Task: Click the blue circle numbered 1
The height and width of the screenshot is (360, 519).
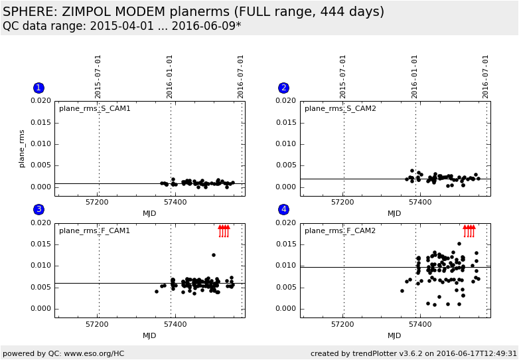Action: (x=38, y=88)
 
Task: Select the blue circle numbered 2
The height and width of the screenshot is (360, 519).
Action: (x=283, y=88)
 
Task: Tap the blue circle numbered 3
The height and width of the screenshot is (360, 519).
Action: (x=38, y=209)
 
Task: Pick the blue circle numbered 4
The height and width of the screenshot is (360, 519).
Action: (x=283, y=209)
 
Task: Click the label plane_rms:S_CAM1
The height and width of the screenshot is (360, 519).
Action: (x=95, y=108)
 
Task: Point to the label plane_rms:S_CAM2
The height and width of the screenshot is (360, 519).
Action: (x=340, y=108)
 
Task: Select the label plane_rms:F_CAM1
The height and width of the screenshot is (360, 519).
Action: (x=95, y=230)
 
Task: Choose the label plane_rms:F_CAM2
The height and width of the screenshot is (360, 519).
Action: (x=340, y=230)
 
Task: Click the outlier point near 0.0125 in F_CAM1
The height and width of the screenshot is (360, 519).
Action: (x=214, y=255)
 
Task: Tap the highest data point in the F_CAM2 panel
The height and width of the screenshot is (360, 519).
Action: (x=459, y=244)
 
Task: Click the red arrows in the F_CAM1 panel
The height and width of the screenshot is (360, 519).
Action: (x=224, y=230)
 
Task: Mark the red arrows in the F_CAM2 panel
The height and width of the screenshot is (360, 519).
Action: (x=469, y=230)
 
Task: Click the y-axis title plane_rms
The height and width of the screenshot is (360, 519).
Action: (x=22, y=148)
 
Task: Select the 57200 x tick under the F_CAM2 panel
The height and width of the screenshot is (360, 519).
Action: (x=342, y=324)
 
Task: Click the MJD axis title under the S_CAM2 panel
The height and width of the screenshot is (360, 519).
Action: (x=395, y=213)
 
